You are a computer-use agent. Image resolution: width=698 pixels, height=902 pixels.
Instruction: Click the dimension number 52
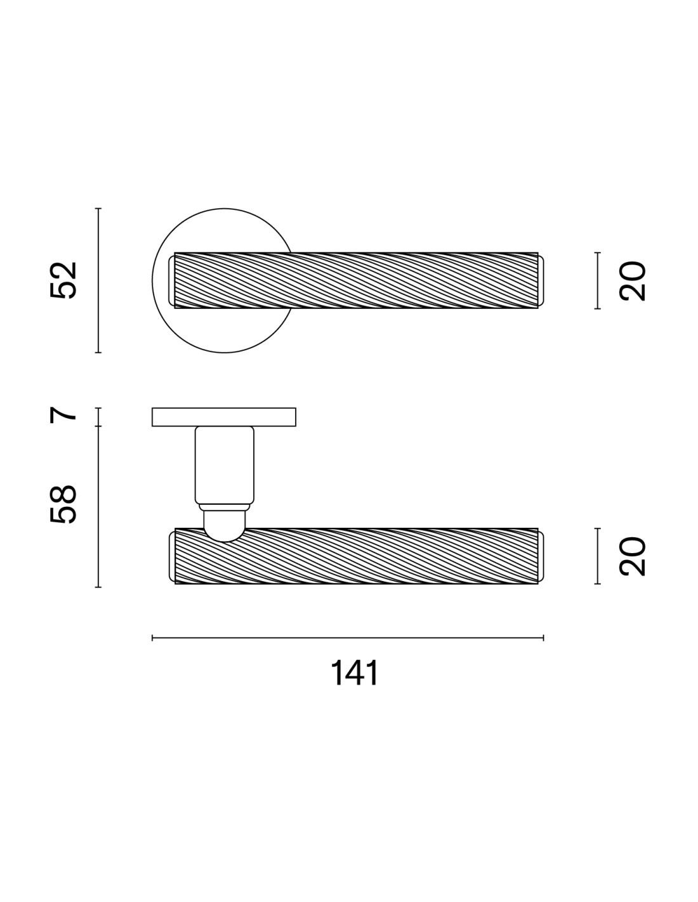pyautogui.click(x=63, y=280)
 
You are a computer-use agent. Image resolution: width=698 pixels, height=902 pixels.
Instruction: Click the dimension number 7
pyautogui.click(x=63, y=415)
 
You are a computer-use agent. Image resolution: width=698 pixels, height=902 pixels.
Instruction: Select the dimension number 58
pyautogui.click(x=63, y=504)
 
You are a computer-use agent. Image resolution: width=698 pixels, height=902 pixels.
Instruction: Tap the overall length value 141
pyautogui.click(x=355, y=672)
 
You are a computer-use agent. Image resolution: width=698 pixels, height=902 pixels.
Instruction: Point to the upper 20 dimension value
pyautogui.click(x=633, y=281)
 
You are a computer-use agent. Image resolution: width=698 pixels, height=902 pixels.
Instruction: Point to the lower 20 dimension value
pyautogui.click(x=633, y=556)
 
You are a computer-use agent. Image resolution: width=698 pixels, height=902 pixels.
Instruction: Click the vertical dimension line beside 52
pyautogui.click(x=98, y=280)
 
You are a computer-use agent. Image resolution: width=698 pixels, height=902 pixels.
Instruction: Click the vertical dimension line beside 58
pyautogui.click(x=98, y=506)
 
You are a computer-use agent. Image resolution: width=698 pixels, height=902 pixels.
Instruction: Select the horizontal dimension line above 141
pyautogui.click(x=348, y=638)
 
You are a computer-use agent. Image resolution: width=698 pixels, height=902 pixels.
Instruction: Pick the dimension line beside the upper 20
pyautogui.click(x=598, y=280)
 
